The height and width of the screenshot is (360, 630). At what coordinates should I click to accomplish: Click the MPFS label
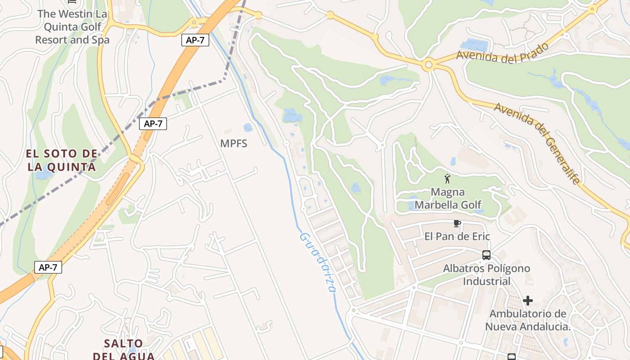234,144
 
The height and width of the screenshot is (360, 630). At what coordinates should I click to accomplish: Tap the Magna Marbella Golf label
448,198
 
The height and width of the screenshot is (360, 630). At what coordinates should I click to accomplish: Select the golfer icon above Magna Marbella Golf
447,179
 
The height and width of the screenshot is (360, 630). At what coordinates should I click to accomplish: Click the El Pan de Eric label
457,236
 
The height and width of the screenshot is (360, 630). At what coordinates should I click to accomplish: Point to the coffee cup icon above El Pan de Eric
457,223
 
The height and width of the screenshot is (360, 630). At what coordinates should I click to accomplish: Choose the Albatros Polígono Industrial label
486,274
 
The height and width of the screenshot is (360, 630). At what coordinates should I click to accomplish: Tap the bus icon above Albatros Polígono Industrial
486,255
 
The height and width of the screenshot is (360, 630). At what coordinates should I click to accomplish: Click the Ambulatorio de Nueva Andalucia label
527,320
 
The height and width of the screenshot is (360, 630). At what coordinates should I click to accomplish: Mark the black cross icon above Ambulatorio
528,300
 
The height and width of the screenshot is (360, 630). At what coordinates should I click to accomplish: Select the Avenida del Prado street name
503,53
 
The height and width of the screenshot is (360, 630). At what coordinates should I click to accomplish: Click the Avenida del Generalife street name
537,143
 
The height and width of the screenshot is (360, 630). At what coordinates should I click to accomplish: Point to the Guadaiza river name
317,262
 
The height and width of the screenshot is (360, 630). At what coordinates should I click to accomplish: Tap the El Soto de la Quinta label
62,161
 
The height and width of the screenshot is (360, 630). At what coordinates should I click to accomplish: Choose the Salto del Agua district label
123,350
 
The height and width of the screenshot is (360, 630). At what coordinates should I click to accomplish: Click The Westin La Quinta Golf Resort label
72,27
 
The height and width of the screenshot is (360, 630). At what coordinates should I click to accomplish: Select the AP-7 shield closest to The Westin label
195,40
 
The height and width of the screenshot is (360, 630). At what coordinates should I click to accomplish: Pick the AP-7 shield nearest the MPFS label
153,124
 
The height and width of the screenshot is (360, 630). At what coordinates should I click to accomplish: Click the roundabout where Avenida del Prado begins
428,66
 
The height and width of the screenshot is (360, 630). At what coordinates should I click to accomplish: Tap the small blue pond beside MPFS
248,128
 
